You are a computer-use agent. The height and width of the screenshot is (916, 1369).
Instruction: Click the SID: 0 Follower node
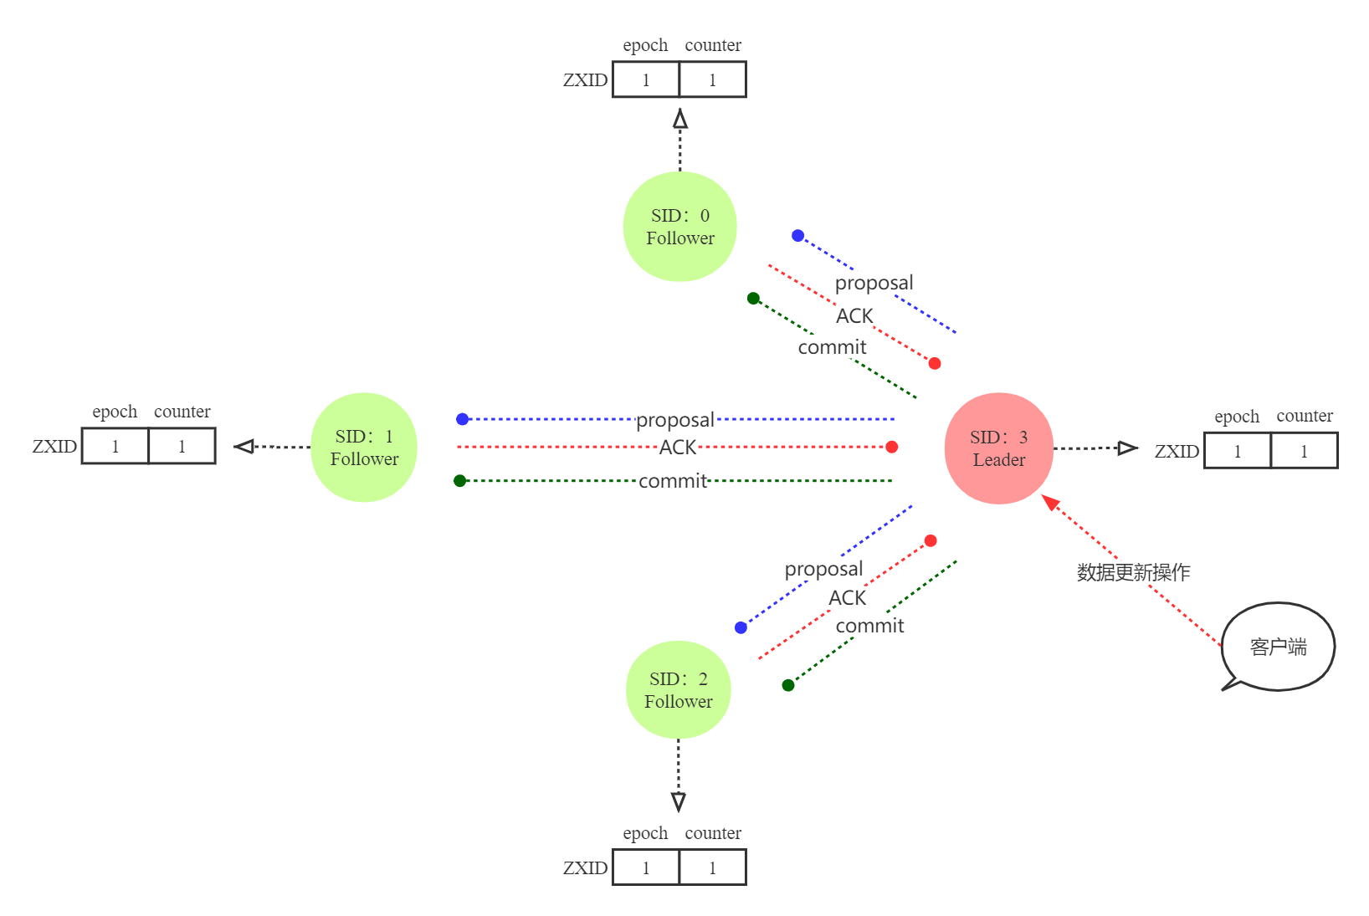tap(679, 227)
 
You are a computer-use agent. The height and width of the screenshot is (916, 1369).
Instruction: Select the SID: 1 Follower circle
tap(364, 448)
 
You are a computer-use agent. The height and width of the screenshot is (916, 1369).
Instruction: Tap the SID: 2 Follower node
tap(679, 690)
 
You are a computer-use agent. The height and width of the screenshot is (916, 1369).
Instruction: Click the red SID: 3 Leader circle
tap(998, 448)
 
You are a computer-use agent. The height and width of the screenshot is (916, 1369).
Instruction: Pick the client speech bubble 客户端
tap(1278, 647)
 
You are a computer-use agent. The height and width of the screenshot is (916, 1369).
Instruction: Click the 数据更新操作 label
tap(1133, 572)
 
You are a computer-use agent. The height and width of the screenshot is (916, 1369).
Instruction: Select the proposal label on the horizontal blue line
tap(675, 419)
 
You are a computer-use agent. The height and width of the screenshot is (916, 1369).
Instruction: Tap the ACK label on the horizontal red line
tap(678, 447)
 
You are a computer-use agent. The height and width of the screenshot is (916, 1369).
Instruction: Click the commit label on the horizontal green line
tap(673, 481)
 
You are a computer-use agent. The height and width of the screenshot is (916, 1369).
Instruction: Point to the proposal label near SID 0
tap(874, 282)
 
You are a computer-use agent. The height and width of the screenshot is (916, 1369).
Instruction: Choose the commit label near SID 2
tap(869, 625)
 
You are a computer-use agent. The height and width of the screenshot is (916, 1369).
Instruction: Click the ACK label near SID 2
tap(847, 597)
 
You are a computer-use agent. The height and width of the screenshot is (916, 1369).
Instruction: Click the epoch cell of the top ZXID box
tap(646, 80)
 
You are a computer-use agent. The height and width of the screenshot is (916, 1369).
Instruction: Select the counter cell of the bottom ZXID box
tap(712, 868)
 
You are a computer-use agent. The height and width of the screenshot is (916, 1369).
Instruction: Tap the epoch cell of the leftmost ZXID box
tap(115, 447)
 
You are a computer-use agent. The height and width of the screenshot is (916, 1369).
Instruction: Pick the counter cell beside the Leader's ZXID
tap(1304, 452)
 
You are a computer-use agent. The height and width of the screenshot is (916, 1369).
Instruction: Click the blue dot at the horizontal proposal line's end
tap(463, 419)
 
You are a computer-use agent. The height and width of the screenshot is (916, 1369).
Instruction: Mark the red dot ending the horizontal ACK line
tap(892, 447)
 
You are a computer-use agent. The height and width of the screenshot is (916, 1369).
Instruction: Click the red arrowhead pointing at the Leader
tap(1050, 502)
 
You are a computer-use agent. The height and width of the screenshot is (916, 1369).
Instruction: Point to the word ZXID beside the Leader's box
tap(1177, 452)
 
